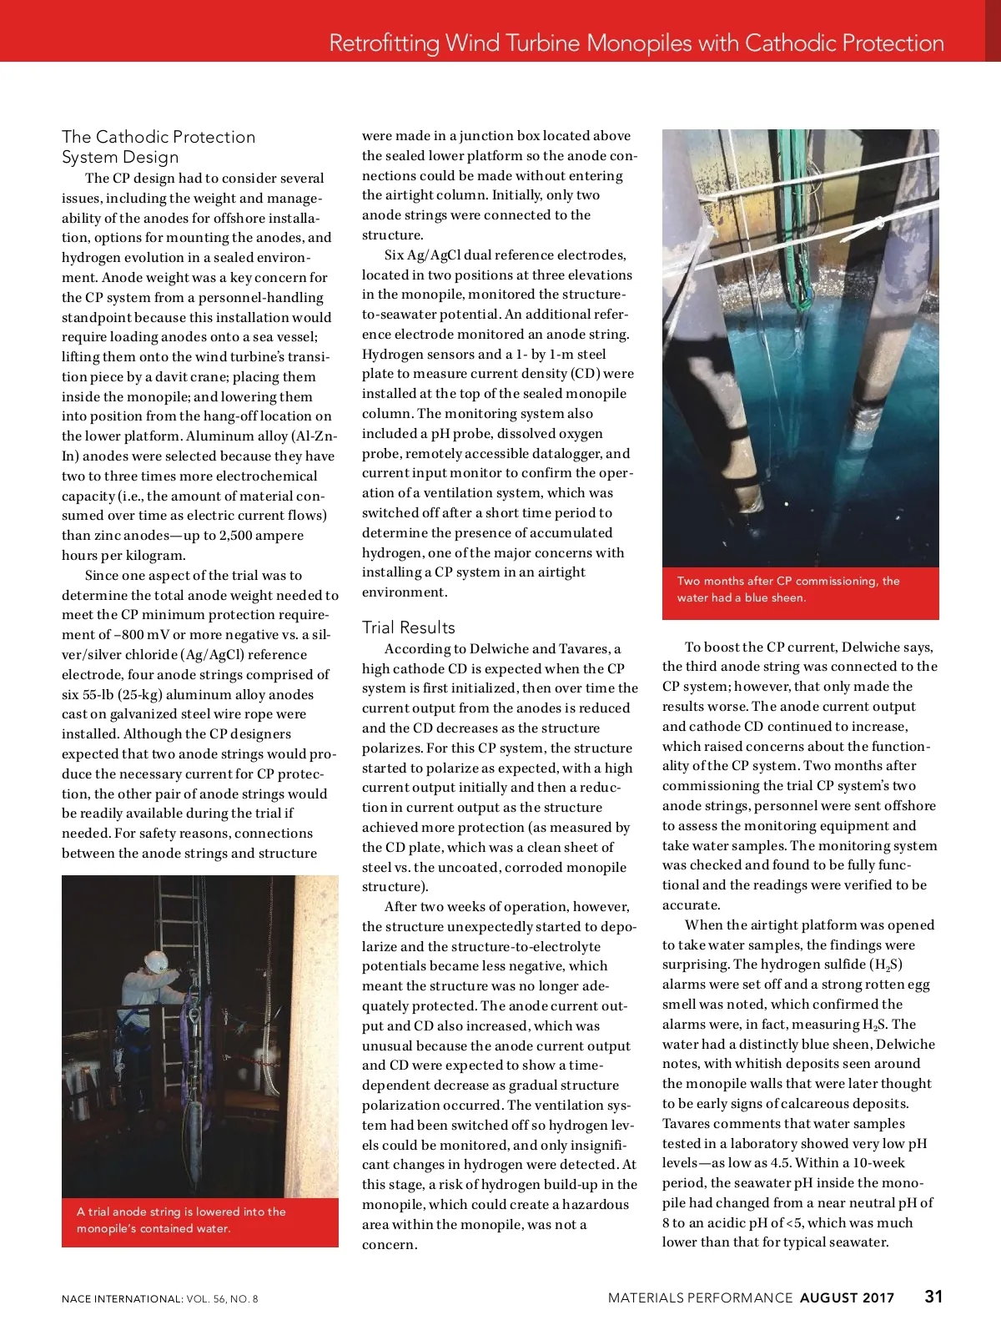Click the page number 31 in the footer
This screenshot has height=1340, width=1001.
pos(933,1297)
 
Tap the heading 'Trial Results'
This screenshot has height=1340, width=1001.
pos(409,627)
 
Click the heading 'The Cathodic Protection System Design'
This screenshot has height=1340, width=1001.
pos(158,147)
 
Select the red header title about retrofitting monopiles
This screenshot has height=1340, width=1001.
pos(636,43)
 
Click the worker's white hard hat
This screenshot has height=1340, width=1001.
pos(155,961)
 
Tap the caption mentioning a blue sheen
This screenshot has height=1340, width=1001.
pos(788,589)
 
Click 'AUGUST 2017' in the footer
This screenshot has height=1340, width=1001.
pos(847,1298)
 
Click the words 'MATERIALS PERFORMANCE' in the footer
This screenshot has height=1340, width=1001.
pos(700,1298)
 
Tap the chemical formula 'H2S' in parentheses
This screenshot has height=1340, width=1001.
pos(887,965)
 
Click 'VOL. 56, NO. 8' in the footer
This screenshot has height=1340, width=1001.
pos(223,1299)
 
